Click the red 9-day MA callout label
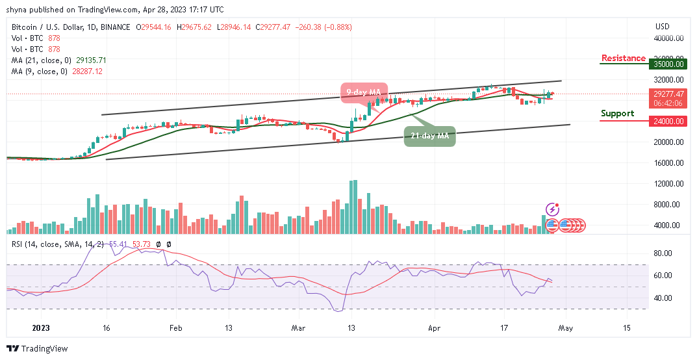point(364,92)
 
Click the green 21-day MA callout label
point(429,136)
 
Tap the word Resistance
point(623,58)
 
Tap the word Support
point(617,114)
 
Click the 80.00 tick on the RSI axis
point(663,254)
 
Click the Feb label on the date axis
point(175,329)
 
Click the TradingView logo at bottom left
point(37,349)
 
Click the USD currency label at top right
point(663,27)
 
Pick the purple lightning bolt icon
point(552,209)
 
